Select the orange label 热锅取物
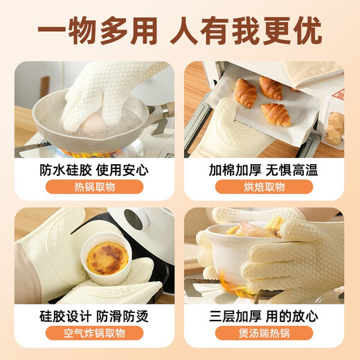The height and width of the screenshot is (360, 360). (x=95, y=188)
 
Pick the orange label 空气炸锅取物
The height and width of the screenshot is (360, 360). (x=95, y=334)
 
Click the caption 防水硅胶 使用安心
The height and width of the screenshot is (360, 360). (x=95, y=170)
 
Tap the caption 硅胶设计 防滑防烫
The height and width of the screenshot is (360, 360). (x=95, y=316)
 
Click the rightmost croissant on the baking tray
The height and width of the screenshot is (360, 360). (x=275, y=113)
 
